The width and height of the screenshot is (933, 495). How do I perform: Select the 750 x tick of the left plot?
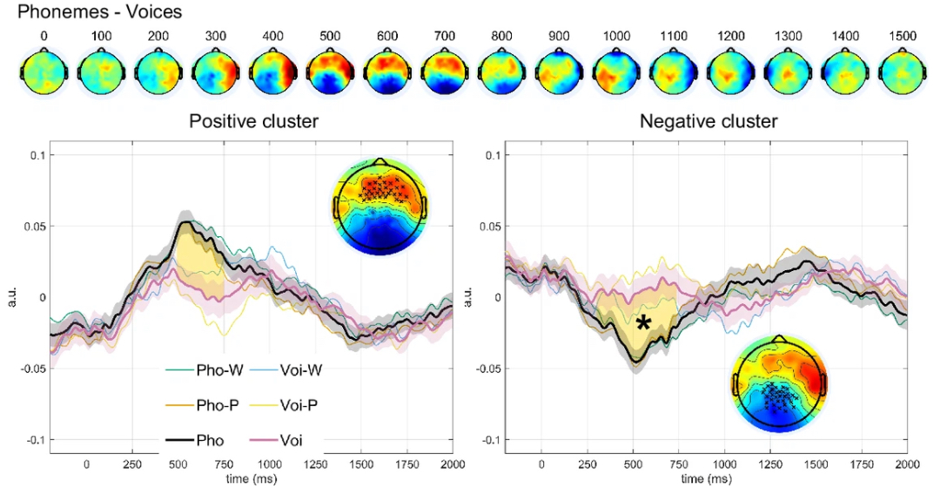224,466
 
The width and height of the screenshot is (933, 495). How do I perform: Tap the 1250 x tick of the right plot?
770,466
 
